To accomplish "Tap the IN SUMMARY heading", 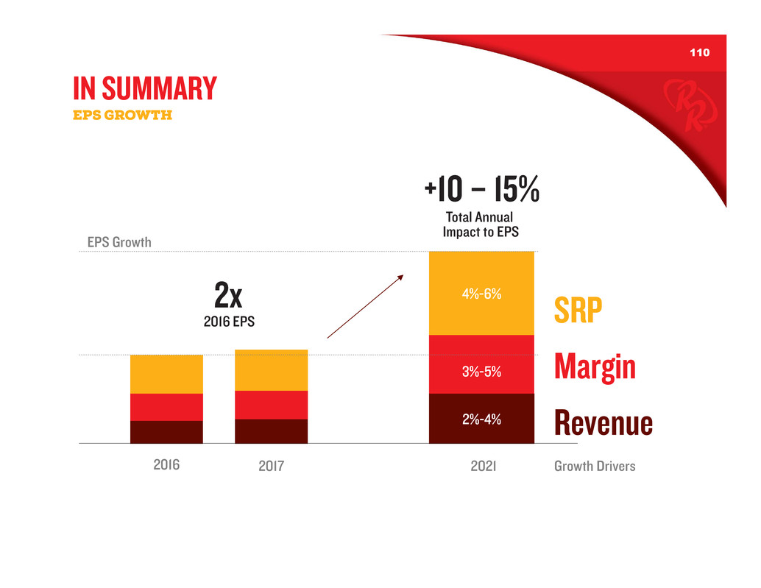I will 145,88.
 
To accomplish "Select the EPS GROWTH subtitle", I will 122,115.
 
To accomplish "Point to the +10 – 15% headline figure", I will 482,191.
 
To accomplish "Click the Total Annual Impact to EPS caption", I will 480,224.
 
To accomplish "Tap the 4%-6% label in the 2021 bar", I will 482,294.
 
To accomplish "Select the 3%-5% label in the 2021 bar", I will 482,372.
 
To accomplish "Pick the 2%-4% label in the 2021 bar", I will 482,419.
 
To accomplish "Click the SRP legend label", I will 578,313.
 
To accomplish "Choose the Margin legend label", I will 595,367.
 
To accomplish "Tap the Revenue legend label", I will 603,423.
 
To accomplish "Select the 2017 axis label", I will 272,467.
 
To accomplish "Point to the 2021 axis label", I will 482,467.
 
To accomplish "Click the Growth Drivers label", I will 595,467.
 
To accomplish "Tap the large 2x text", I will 228,297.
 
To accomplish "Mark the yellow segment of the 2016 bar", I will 166,374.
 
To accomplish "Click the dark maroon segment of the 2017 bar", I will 271,431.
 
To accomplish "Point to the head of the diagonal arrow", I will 402,277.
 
